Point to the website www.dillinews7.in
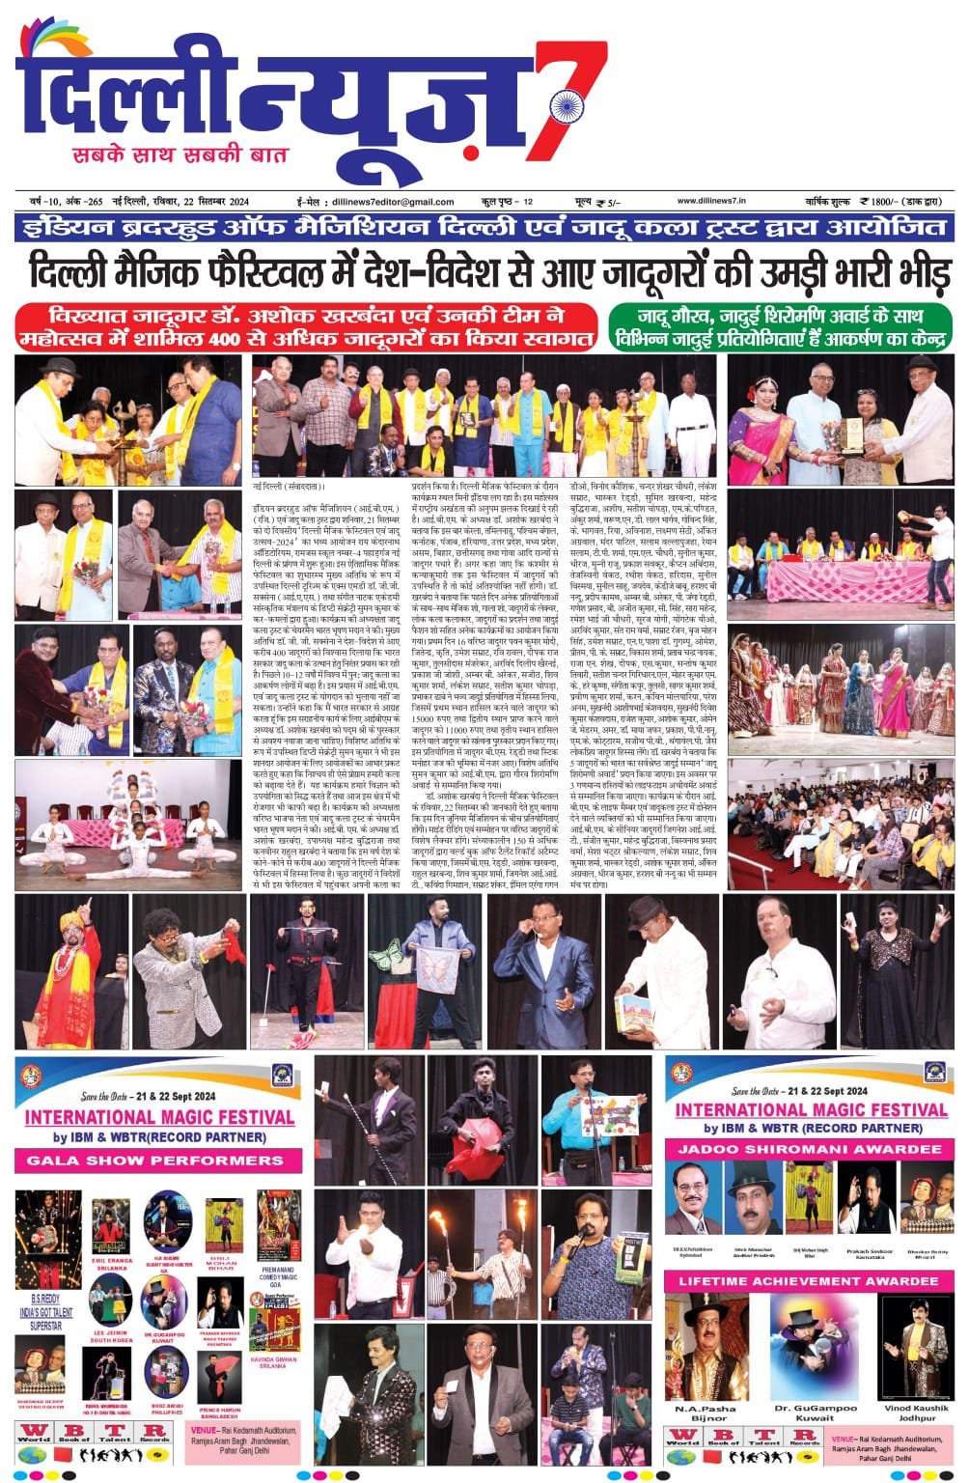(x=719, y=201)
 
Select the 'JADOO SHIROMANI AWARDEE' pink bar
(x=809, y=1150)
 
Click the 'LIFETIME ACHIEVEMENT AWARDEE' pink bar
(x=809, y=1282)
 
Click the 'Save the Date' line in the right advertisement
(x=809, y=1090)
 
